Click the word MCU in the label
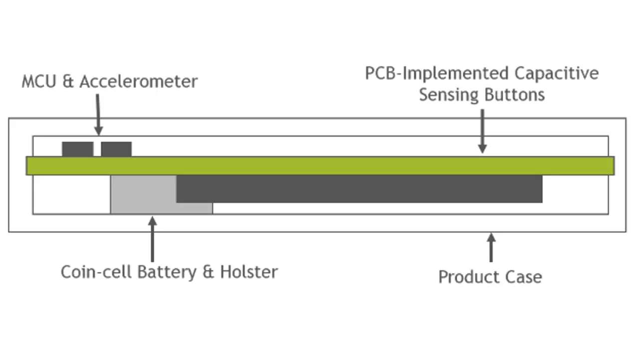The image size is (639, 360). (x=39, y=81)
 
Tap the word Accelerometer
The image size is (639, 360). (x=139, y=81)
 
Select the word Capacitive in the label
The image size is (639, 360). (x=557, y=73)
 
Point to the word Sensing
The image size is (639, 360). (x=449, y=95)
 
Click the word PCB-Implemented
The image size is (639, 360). (x=437, y=73)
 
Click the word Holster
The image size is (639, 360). (x=249, y=272)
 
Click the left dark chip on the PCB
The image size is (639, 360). (x=77, y=149)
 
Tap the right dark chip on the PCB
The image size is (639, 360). (x=116, y=149)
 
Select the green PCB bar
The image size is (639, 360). (x=320, y=166)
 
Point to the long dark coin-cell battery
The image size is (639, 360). (x=359, y=189)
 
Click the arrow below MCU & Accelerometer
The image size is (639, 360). (x=98, y=114)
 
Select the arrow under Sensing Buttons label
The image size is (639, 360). (x=482, y=131)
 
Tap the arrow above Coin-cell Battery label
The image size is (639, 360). (x=153, y=239)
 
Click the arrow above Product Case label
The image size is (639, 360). (x=491, y=247)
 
